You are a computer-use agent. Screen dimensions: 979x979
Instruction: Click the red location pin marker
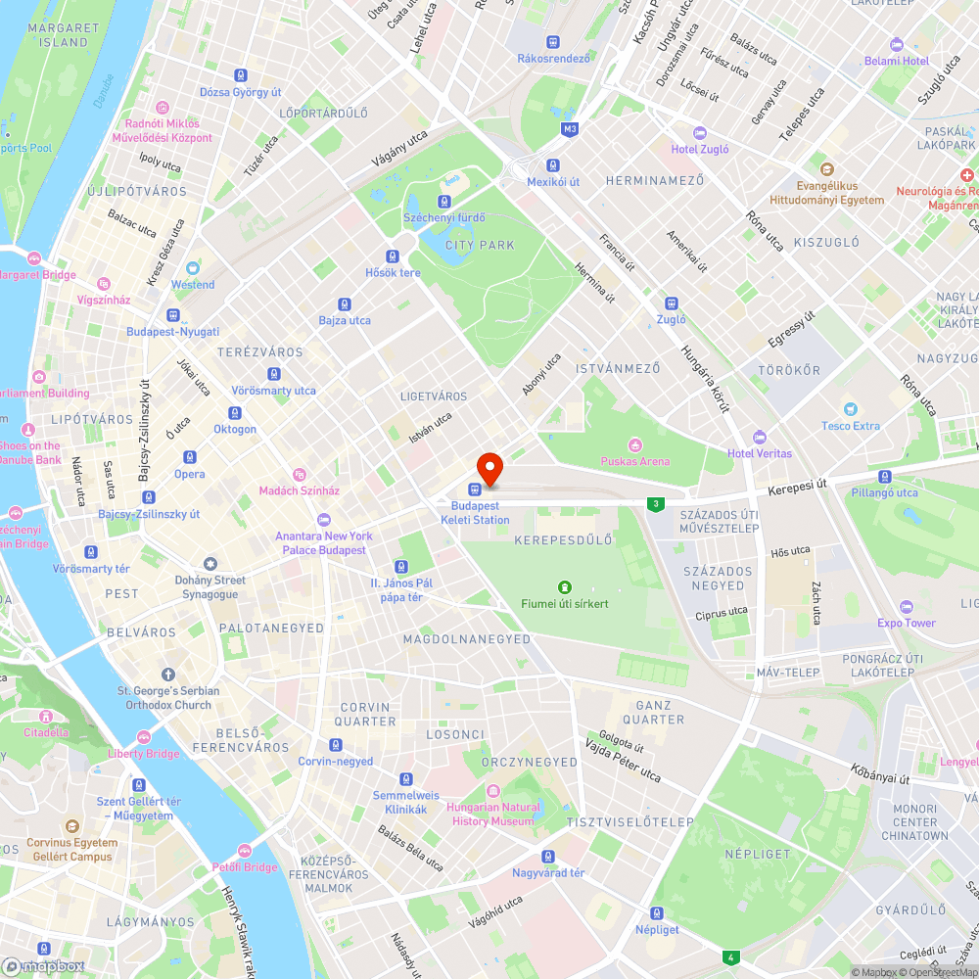tap(489, 469)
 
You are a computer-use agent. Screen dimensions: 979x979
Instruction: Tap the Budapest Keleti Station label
tap(480, 513)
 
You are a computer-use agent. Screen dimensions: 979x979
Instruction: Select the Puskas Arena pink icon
tap(634, 445)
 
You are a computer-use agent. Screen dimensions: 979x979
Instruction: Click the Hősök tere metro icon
tap(393, 256)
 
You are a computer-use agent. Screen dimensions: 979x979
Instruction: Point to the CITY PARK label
tap(480, 245)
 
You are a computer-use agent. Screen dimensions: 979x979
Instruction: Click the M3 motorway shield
tap(570, 129)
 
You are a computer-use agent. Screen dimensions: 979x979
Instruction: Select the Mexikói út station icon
tap(553, 165)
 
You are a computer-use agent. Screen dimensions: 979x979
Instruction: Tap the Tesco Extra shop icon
tap(852, 409)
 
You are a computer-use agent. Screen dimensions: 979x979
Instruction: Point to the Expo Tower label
tap(907, 623)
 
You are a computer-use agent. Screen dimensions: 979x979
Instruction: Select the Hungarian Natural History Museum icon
tap(493, 790)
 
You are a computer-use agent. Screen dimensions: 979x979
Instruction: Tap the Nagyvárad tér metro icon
tap(548, 856)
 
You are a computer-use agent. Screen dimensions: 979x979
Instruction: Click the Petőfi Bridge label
tap(245, 867)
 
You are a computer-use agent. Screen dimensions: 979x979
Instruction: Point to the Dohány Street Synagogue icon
tap(210, 564)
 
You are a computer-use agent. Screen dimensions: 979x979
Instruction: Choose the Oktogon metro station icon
tap(235, 412)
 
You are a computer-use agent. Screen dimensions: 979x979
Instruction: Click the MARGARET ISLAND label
tap(58, 35)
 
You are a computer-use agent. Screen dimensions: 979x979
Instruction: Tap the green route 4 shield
tap(730, 956)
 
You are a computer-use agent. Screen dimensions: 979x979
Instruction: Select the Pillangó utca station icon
tap(885, 477)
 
